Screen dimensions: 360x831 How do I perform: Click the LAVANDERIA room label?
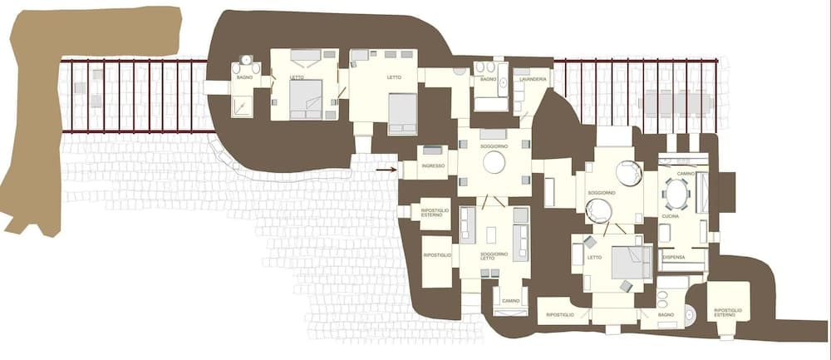[531, 79]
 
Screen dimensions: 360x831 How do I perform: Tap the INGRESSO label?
[433, 166]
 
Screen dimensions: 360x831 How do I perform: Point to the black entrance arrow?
[385, 170]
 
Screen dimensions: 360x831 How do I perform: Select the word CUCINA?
[671, 216]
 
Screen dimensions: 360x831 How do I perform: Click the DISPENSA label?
[674, 257]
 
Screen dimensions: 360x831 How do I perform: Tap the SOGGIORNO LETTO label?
[494, 255]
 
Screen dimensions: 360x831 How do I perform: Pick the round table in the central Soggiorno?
[494, 162]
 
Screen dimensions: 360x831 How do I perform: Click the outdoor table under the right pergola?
[676, 103]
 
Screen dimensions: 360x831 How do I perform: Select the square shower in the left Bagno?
[242, 105]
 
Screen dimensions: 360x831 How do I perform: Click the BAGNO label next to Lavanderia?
[488, 79]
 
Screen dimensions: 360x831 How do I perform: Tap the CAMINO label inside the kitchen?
[686, 174]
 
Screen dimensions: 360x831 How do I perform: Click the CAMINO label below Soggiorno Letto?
[510, 300]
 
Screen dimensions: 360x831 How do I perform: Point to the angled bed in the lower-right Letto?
[632, 263]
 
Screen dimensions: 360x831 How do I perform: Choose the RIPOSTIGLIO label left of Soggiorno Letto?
[437, 254]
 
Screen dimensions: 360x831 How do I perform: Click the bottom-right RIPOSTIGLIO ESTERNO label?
[729, 313]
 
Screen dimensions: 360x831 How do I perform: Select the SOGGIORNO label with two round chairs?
[602, 193]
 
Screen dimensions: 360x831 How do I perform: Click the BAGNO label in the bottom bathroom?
[666, 315]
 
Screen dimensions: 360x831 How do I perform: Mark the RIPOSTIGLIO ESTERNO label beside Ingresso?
[437, 213]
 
